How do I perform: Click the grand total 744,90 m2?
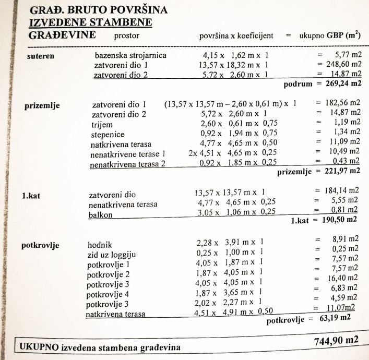(x=337, y=341)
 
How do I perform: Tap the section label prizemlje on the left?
(x=42, y=105)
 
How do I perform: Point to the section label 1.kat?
(x=33, y=197)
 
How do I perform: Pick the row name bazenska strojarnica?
(x=131, y=55)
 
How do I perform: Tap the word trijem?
(x=102, y=125)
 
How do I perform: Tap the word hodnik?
(x=100, y=245)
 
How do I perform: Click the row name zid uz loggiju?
(x=111, y=255)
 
